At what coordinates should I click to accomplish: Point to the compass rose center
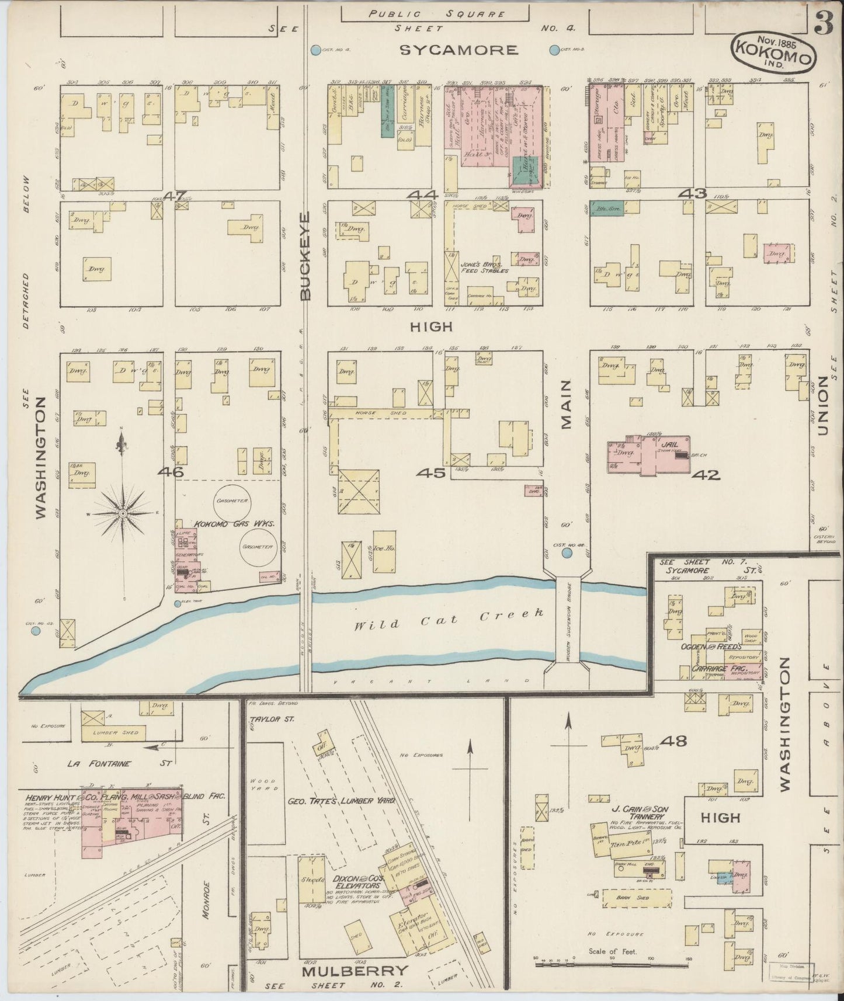pyautogui.click(x=123, y=513)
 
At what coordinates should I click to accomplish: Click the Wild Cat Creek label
pyautogui.click(x=449, y=619)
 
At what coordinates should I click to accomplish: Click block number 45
pyautogui.click(x=430, y=473)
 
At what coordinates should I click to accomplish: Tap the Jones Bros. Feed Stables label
pyautogui.click(x=481, y=267)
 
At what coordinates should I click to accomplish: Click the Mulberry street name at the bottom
pyautogui.click(x=353, y=971)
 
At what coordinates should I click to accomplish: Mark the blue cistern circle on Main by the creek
pyautogui.click(x=566, y=552)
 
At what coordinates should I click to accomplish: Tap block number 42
pyautogui.click(x=706, y=475)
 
